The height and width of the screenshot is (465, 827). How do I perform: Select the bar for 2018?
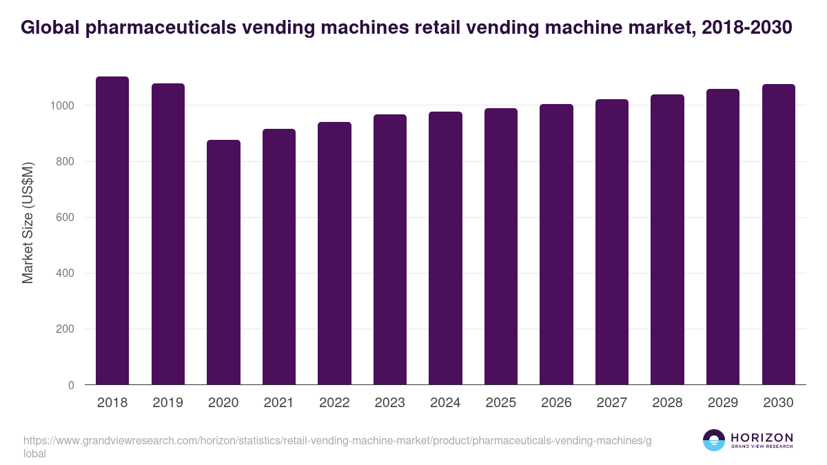coord(112,231)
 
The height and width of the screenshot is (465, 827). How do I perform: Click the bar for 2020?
coord(223,262)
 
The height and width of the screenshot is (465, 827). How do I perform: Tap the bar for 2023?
coord(390,249)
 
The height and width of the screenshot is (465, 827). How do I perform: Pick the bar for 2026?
coord(556,245)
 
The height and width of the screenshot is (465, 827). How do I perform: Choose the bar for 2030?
coord(779,234)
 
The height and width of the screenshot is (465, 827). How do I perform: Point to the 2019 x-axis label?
coord(167,402)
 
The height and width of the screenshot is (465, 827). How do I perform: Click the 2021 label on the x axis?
coord(278,402)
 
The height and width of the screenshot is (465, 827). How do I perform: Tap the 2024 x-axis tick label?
coord(445,402)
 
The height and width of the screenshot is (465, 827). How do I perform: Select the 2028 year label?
coord(667,402)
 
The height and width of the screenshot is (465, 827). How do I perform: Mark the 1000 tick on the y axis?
coord(62,105)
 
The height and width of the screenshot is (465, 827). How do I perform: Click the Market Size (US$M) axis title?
coord(28,223)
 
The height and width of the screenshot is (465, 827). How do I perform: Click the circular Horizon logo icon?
coord(714,440)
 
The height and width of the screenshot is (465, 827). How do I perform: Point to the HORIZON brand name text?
coord(762,437)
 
